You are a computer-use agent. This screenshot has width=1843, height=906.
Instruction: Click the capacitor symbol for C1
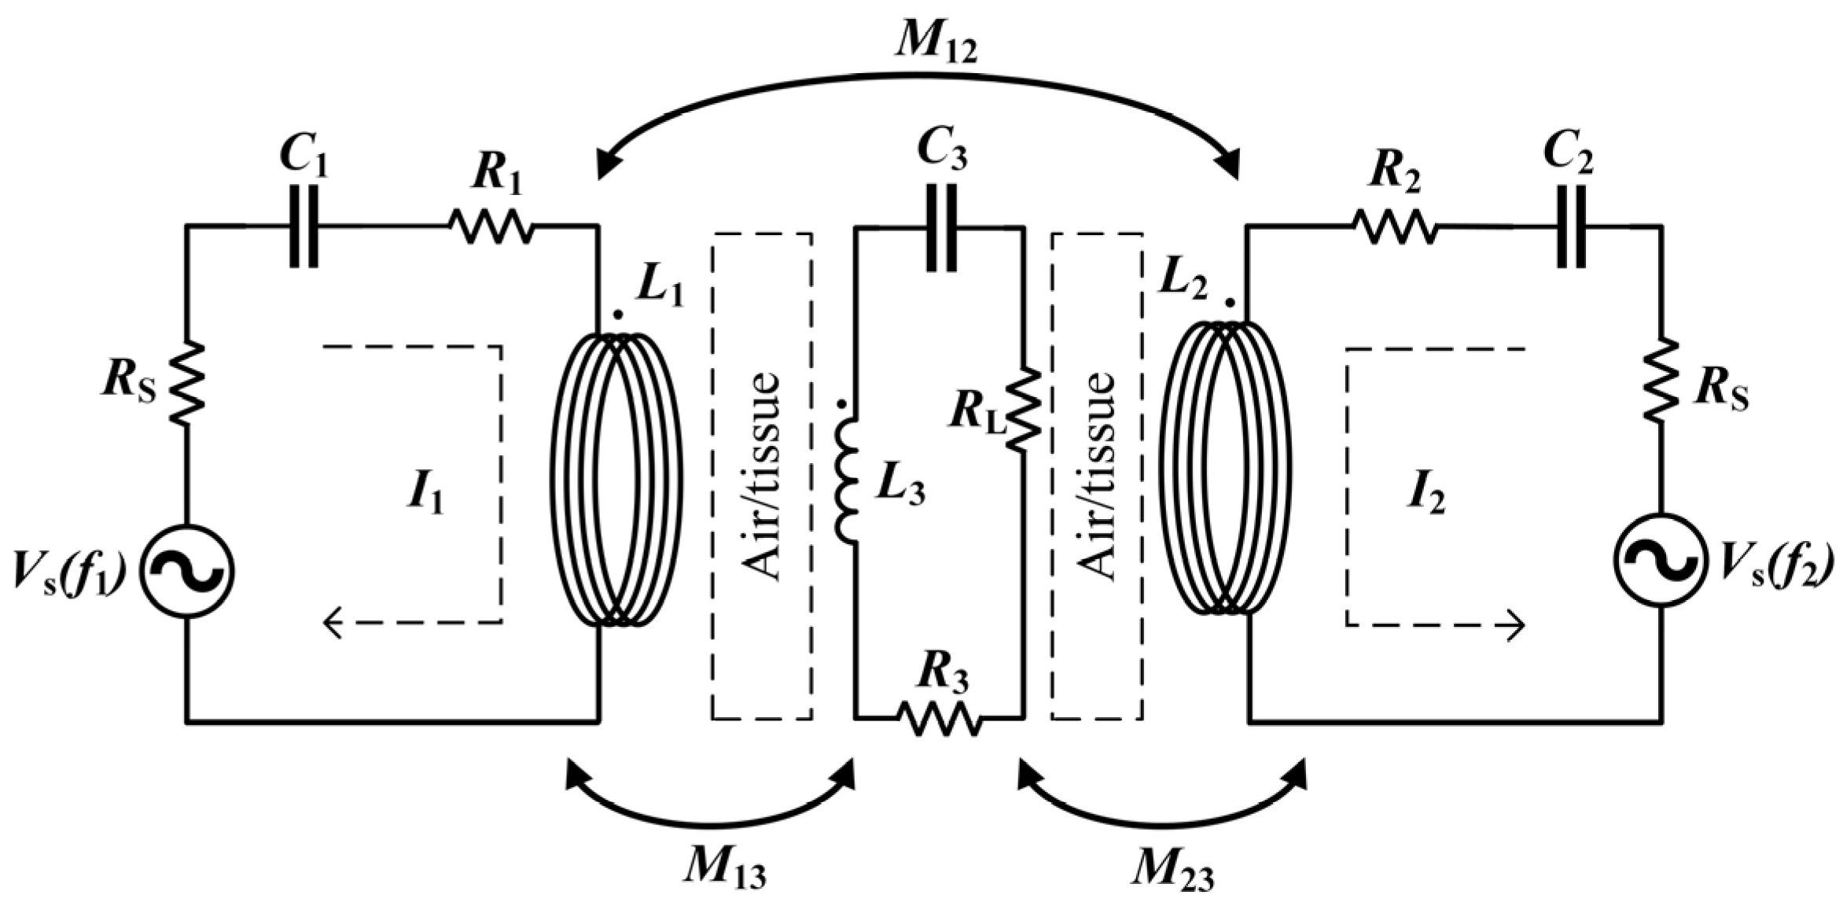(x=304, y=226)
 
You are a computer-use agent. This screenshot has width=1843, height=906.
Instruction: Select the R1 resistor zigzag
(x=492, y=226)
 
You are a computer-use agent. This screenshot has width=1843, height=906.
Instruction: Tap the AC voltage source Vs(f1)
(x=187, y=571)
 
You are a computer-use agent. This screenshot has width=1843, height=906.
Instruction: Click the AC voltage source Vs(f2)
(x=1661, y=560)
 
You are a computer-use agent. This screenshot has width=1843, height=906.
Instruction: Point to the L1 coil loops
(x=616, y=480)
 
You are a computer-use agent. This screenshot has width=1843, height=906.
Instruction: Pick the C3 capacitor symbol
(x=942, y=228)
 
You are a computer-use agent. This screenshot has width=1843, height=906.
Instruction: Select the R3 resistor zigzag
(x=940, y=717)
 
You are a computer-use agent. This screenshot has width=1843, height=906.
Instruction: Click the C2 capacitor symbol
(x=1571, y=226)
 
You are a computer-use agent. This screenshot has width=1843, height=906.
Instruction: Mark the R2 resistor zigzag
(x=1395, y=226)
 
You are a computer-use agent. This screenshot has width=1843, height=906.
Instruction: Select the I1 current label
(x=425, y=495)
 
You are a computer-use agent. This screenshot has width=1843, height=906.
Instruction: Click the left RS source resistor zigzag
(x=188, y=385)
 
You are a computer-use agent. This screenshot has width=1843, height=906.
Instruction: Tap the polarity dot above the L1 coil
(x=618, y=315)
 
